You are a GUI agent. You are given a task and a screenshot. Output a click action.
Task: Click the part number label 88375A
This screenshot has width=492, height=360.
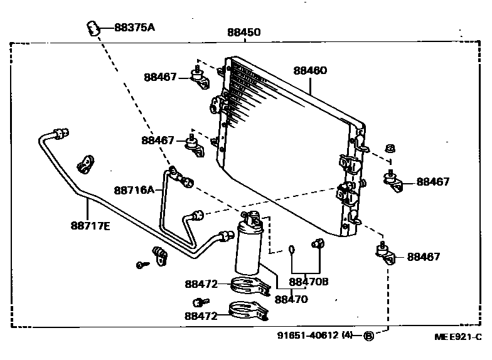pyautogui.click(x=134, y=28)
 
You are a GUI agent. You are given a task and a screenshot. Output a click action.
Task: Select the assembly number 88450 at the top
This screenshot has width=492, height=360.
pyautogui.click(x=243, y=33)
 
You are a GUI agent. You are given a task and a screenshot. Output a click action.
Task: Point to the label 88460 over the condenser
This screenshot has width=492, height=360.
pyautogui.click(x=309, y=71)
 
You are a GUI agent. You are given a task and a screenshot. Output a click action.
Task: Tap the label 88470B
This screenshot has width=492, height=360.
pyautogui.click(x=309, y=282)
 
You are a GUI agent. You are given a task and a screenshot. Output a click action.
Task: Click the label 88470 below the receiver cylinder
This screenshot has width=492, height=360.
pyautogui.click(x=291, y=299)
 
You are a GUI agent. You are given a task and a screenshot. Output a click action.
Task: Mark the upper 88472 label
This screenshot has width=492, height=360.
pyautogui.click(x=201, y=284)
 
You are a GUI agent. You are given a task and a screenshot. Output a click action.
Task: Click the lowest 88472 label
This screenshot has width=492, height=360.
pyautogui.click(x=201, y=316)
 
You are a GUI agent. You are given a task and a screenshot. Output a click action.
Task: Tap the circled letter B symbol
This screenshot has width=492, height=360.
pyautogui.click(x=369, y=336)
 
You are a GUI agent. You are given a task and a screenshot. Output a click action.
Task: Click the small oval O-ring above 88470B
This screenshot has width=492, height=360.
pyautogui.click(x=292, y=250)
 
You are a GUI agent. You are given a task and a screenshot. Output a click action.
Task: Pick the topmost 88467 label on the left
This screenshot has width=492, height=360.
pyautogui.click(x=160, y=77)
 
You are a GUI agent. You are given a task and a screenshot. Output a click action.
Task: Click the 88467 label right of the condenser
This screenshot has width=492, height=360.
pyautogui.click(x=433, y=182)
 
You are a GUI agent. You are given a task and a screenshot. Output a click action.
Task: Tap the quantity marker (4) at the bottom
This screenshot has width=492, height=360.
pyautogui.click(x=347, y=336)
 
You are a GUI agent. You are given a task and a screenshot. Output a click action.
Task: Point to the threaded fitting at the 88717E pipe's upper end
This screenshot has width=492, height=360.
pyautogui.click(x=61, y=133)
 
